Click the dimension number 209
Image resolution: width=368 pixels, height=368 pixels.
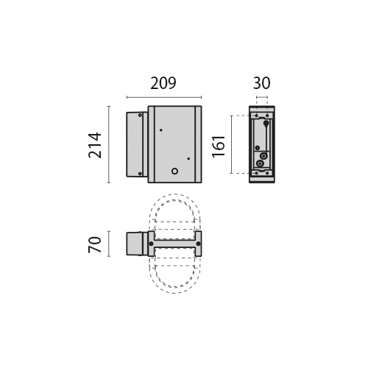[x=163, y=83]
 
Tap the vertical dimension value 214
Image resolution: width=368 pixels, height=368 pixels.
[x=95, y=145]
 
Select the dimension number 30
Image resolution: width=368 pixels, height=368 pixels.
[x=261, y=83]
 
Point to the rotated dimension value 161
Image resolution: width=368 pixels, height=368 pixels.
[x=219, y=146]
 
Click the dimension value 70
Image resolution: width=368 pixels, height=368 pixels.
[x=95, y=244]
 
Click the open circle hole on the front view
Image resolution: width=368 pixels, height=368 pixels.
[x=174, y=171]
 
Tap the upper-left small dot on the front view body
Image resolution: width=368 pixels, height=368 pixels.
[x=161, y=130]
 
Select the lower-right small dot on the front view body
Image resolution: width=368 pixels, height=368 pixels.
[x=188, y=159]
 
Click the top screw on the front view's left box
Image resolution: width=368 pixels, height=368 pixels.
[x=140, y=115]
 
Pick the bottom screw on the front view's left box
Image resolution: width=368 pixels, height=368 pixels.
[x=140, y=174]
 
